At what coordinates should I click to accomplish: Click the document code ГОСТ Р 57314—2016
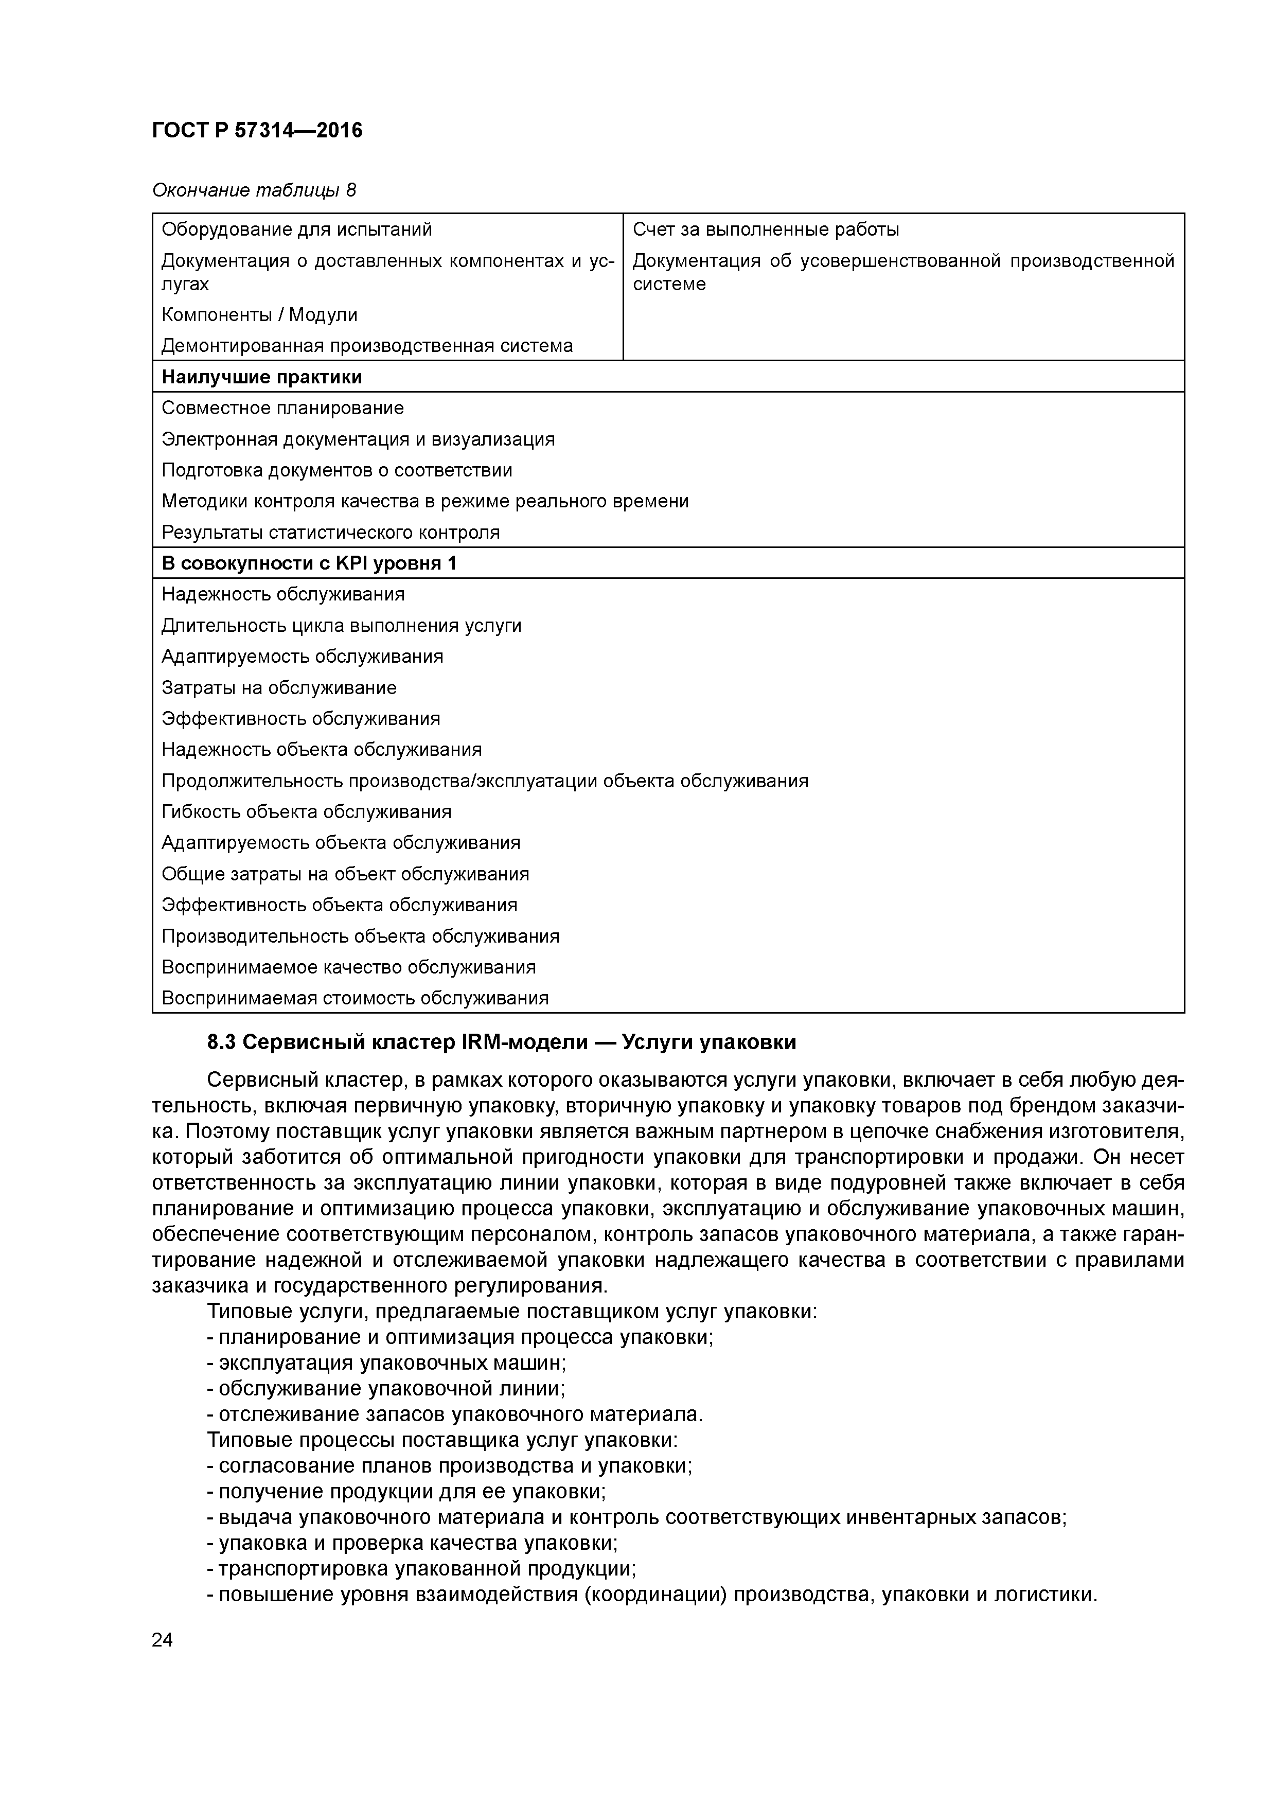[257, 131]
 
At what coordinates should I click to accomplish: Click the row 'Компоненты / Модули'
[259, 315]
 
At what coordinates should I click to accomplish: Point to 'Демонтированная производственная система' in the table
[367, 346]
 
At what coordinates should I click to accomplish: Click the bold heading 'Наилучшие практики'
[262, 377]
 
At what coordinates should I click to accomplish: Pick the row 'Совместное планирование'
[283, 408]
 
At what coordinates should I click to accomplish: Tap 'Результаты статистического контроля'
[330, 532]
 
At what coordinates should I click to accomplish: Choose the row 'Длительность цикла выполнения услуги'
[341, 626]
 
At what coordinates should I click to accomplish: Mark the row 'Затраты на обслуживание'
[279, 688]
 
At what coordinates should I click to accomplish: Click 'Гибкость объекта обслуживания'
[307, 812]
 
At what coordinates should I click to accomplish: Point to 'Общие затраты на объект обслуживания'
[345, 874]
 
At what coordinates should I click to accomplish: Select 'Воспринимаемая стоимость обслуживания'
[355, 998]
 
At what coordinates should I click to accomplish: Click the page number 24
[162, 1640]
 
